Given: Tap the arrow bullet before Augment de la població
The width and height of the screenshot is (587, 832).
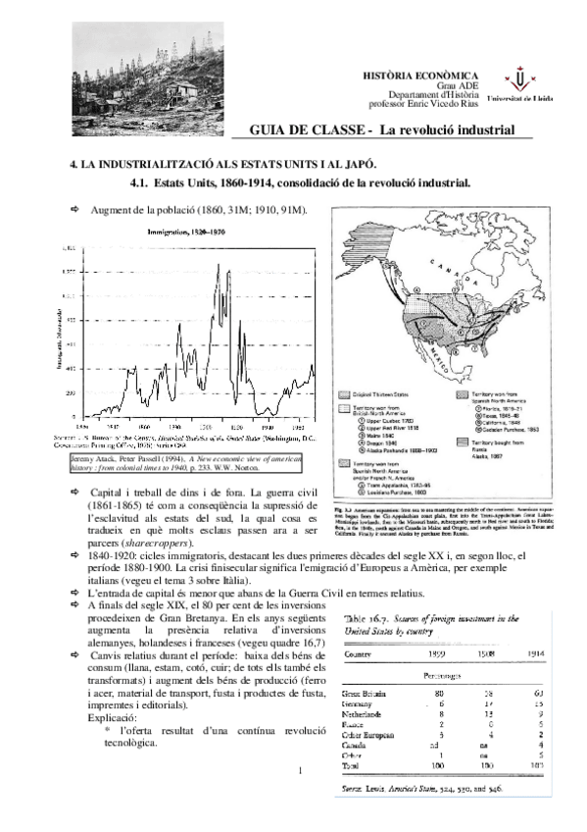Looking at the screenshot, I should [74, 209].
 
